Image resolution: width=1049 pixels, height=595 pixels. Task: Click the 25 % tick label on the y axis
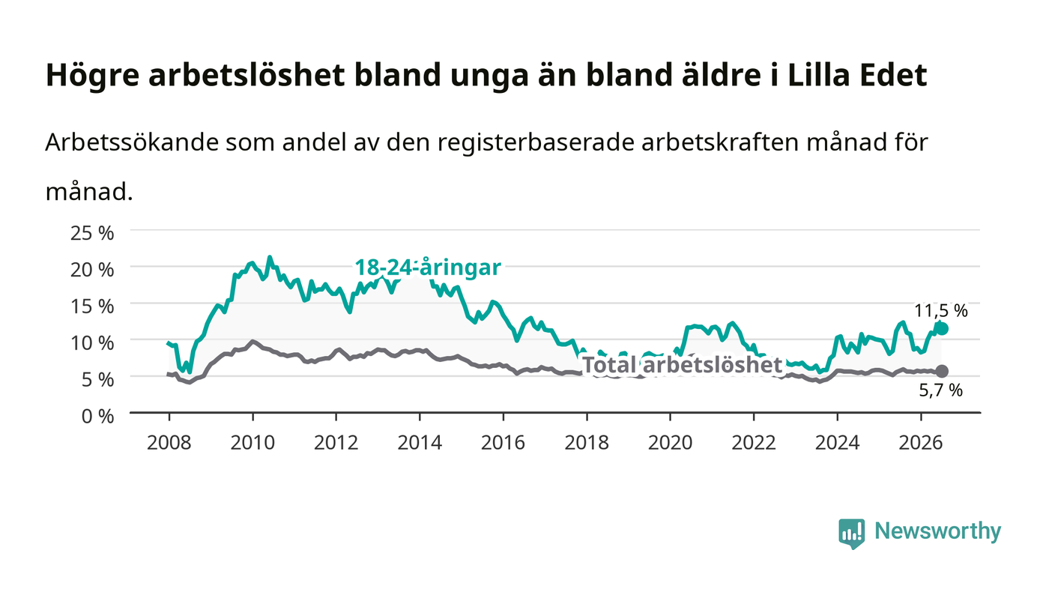[92, 233]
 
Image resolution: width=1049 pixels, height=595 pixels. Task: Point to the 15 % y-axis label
[92, 306]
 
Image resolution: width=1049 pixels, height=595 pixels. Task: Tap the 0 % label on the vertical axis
[98, 416]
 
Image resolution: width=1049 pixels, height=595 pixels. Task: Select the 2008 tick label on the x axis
[169, 442]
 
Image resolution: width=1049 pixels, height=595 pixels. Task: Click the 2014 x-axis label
[420, 442]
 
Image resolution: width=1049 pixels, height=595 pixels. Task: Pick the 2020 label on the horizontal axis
[670, 442]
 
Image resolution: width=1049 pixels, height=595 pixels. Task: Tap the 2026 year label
[921, 442]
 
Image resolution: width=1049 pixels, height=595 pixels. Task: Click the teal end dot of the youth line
[942, 329]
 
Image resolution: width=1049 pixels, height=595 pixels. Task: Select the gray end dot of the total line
[942, 371]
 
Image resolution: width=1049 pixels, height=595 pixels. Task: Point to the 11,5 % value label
[941, 311]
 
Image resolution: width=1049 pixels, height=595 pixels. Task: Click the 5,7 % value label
[941, 390]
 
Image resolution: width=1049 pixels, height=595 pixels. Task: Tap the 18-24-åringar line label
[428, 268]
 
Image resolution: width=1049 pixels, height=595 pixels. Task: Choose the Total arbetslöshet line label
[683, 365]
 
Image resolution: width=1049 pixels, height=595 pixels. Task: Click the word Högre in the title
[93, 76]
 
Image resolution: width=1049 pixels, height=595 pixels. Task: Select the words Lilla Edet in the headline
[857, 75]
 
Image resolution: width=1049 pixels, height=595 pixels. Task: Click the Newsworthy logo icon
[851, 533]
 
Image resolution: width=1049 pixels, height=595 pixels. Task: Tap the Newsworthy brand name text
[937, 531]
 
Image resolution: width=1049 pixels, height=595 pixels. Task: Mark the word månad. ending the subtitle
[89, 192]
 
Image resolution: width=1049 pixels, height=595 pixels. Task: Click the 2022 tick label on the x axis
[754, 442]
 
